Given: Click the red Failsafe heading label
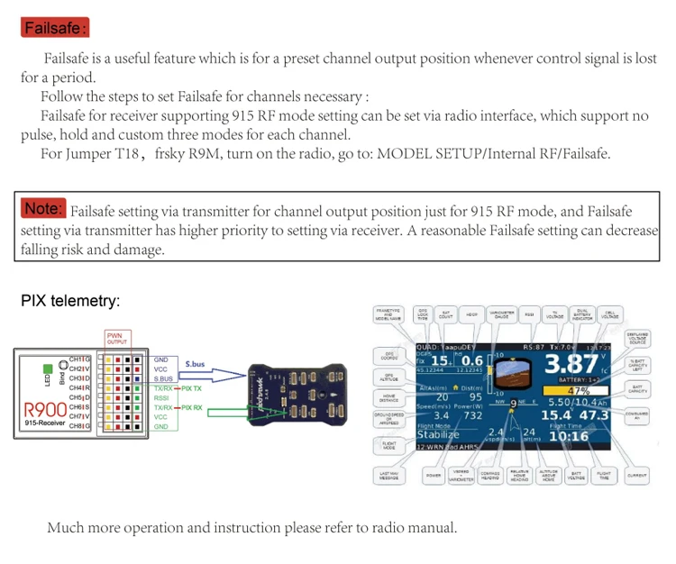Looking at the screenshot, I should tap(55, 28).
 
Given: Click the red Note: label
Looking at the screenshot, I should tap(43, 209).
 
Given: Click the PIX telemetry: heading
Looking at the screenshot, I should tap(70, 301).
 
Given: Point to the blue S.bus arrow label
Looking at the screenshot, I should tap(195, 365).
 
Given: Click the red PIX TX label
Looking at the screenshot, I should tap(192, 388).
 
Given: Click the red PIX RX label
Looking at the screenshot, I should tap(192, 407).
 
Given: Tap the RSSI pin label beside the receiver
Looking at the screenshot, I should tap(161, 397).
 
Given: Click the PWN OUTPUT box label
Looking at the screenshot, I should tap(117, 340).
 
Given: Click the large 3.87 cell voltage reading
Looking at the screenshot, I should tap(572, 365).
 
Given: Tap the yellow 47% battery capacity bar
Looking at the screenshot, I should tap(577, 390).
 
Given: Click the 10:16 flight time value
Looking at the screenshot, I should tap(569, 436).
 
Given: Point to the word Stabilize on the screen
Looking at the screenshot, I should tap(437, 435).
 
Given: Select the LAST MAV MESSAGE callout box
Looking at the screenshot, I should tap(388, 475).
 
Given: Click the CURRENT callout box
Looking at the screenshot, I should tap(636, 474).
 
